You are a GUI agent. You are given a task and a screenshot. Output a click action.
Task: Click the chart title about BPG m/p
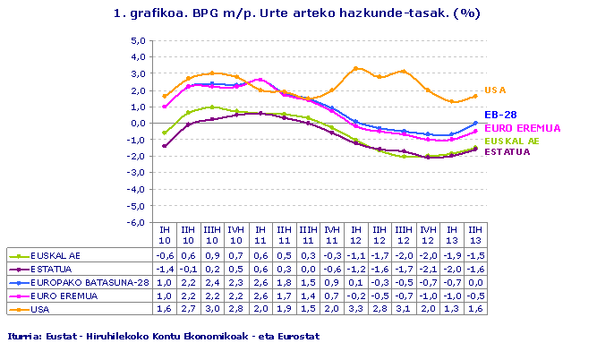click(x=297, y=13)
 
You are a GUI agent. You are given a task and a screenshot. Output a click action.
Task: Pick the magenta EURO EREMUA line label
click(x=513, y=129)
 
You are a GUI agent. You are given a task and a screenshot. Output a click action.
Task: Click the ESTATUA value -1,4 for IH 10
click(x=163, y=268)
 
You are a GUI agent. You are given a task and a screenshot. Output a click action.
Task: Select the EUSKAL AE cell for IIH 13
click(x=477, y=254)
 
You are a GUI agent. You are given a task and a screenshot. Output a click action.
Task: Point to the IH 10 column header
click(x=163, y=235)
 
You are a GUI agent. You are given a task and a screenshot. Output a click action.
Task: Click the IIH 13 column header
click(x=477, y=235)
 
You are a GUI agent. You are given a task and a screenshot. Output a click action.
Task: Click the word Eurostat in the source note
click(x=295, y=335)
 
